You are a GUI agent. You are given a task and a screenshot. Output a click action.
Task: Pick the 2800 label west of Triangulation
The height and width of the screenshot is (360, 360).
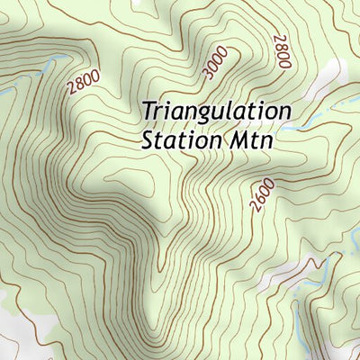(x=83, y=83)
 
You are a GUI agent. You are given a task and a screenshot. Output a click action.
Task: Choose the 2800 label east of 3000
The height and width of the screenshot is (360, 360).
(x=281, y=51)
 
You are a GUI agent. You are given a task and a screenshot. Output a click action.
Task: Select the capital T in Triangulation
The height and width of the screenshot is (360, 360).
(x=148, y=112)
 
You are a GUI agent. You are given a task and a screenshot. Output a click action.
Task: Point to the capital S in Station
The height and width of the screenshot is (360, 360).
(x=148, y=140)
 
